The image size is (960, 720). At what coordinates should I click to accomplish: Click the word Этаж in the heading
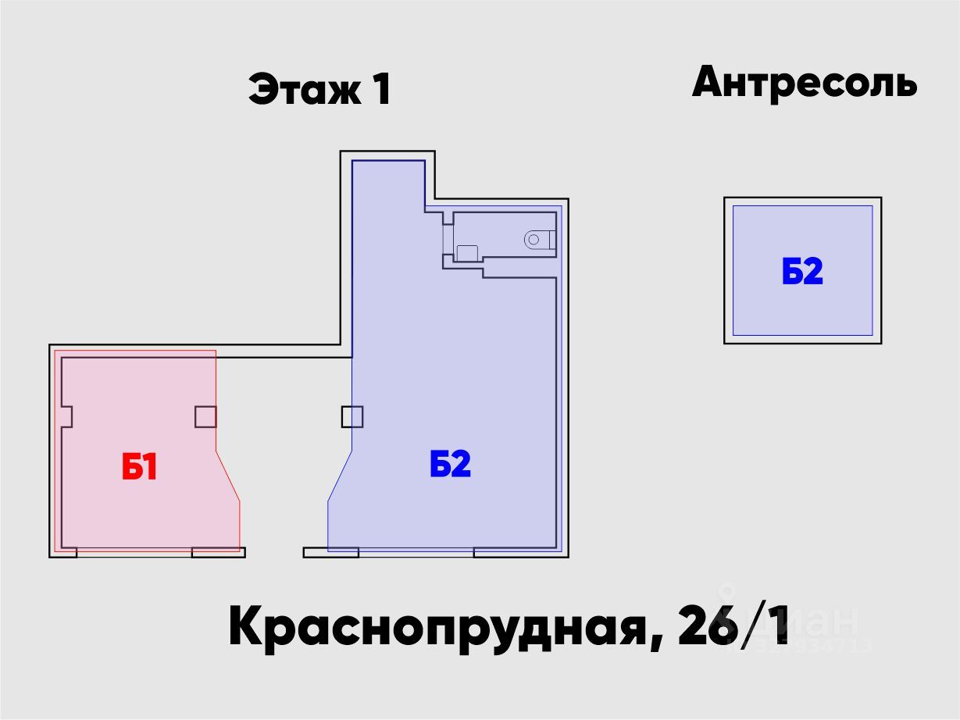(x=305, y=89)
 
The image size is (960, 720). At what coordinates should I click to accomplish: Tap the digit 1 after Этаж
(x=380, y=89)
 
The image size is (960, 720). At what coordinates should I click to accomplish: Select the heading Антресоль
(x=804, y=82)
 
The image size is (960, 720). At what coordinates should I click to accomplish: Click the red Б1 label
(x=140, y=468)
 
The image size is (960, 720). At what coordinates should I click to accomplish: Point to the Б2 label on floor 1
(x=450, y=465)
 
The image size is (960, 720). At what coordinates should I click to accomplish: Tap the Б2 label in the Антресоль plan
(x=802, y=272)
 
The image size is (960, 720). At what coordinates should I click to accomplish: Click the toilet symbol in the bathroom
(x=535, y=239)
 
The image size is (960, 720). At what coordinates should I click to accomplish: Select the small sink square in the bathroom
(x=466, y=252)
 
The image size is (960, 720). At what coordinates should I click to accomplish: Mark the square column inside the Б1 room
(x=205, y=417)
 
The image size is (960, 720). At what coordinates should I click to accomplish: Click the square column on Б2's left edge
(x=352, y=417)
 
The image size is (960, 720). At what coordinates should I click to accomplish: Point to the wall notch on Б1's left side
(x=67, y=416)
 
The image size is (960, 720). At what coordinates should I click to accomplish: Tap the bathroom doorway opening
(x=448, y=239)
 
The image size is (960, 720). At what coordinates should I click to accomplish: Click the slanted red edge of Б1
(x=227, y=476)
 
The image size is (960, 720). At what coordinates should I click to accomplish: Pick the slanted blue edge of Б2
(x=340, y=476)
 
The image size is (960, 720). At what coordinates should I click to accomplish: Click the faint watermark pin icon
(x=727, y=597)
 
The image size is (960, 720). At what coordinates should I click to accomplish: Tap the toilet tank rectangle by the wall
(x=552, y=239)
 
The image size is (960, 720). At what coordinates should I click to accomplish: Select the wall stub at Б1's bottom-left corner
(x=64, y=553)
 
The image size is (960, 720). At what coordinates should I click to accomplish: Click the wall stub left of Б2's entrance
(x=330, y=553)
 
